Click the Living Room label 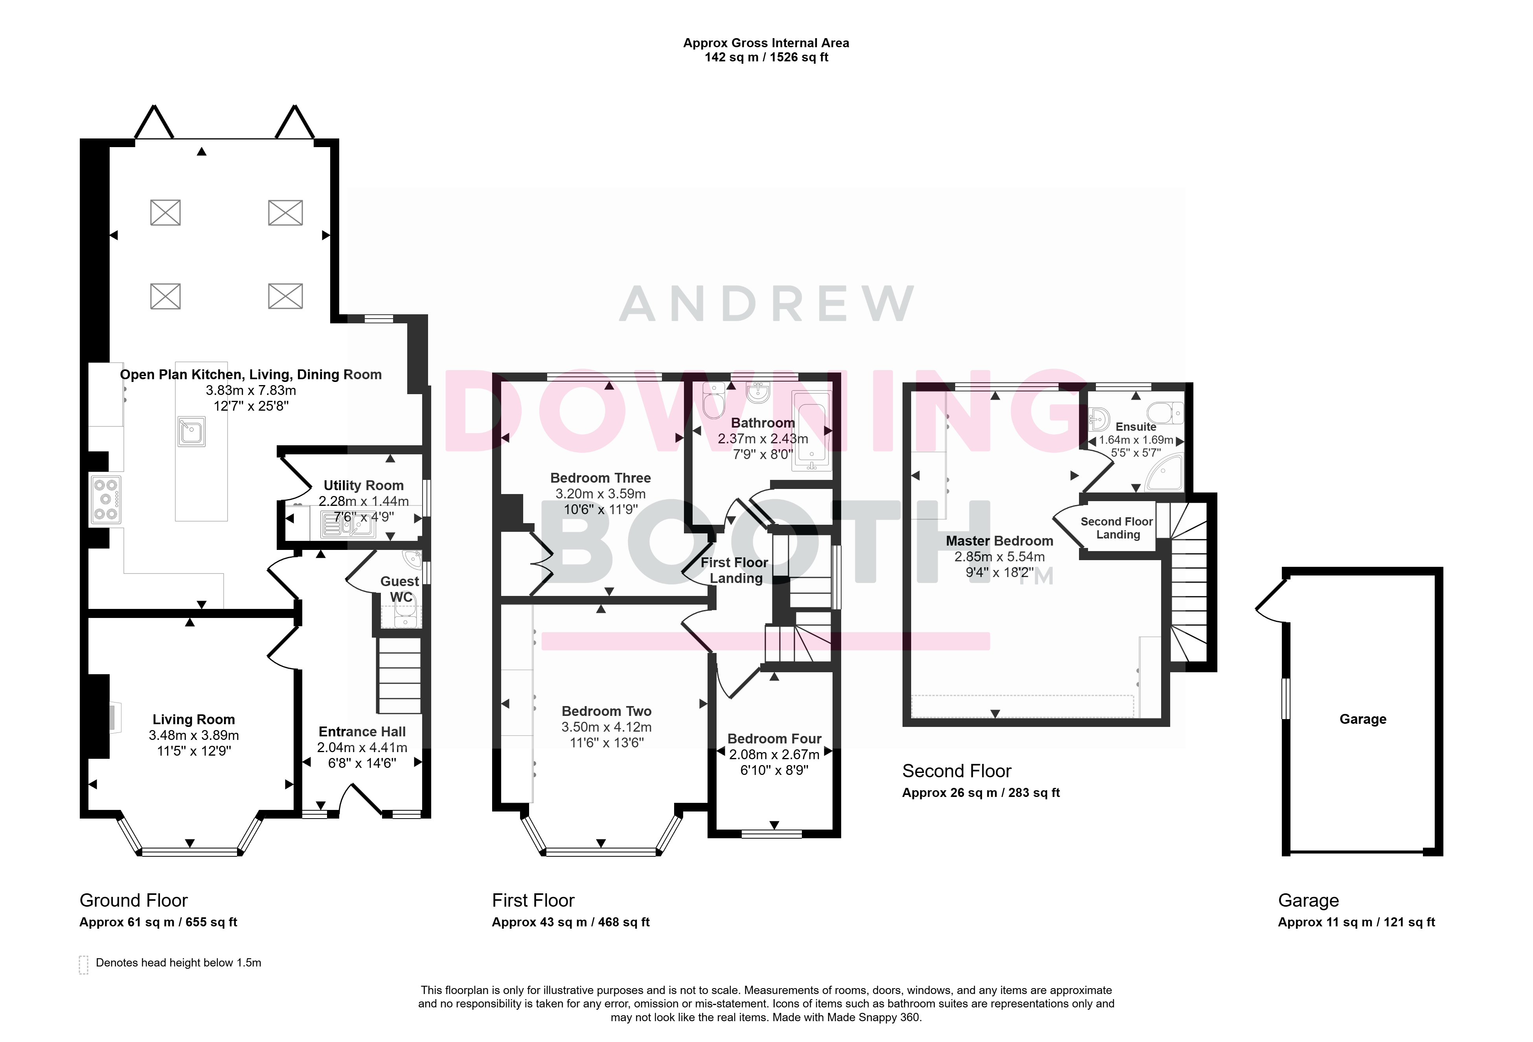tap(193, 719)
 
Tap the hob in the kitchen tap(106, 500)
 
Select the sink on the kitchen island tap(191, 432)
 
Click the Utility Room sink tap(347, 525)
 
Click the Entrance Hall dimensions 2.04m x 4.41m tap(362, 748)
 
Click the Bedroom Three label tap(600, 478)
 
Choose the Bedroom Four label tap(774, 738)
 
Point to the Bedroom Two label tap(606, 711)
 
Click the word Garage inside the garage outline tap(1363, 719)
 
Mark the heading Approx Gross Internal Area tap(766, 43)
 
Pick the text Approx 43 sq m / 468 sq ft tap(571, 922)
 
